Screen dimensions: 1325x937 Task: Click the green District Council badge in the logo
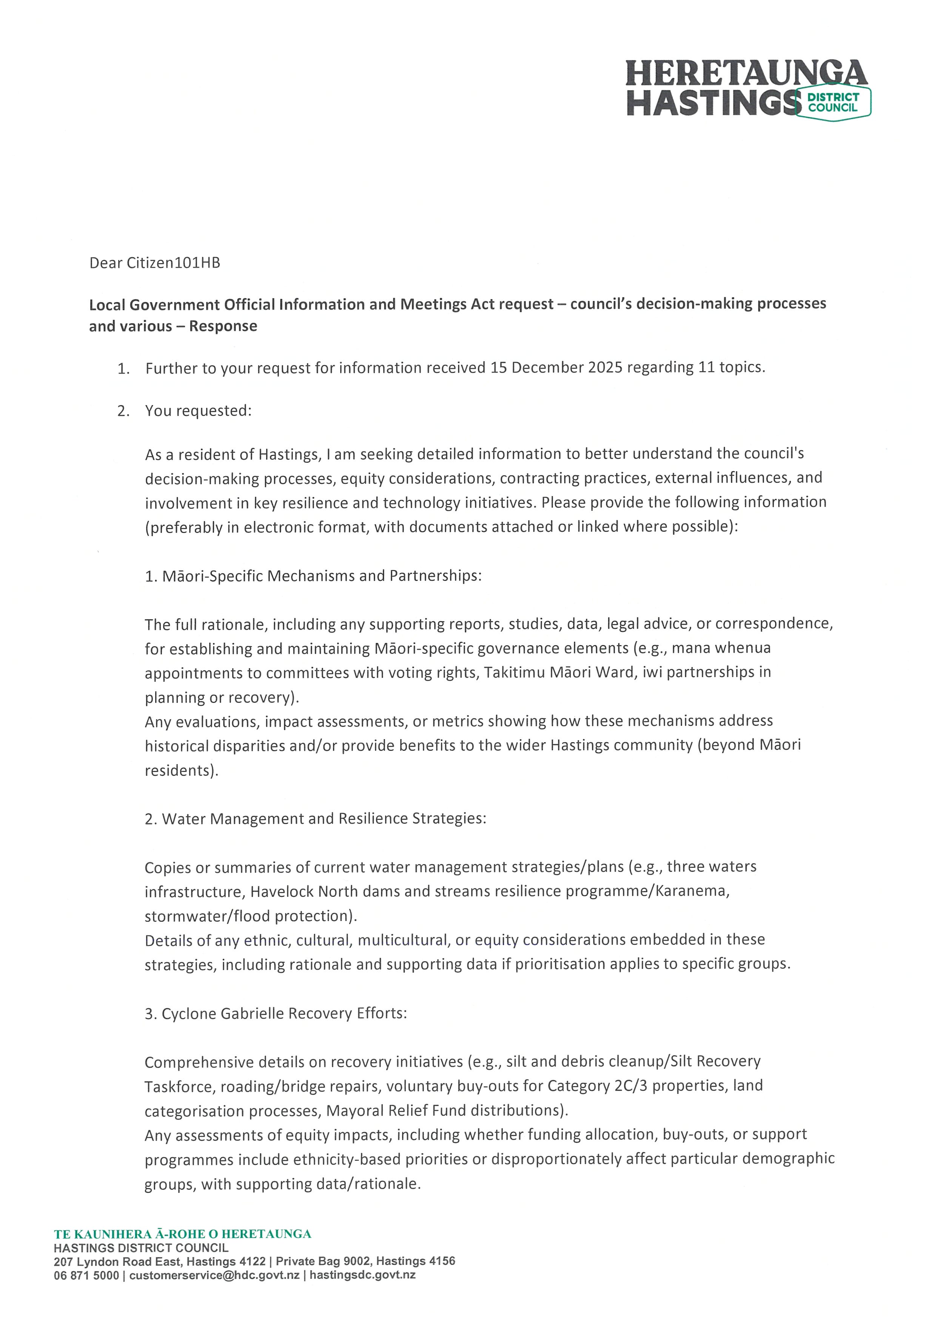point(833,103)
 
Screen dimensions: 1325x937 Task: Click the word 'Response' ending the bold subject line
point(223,326)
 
